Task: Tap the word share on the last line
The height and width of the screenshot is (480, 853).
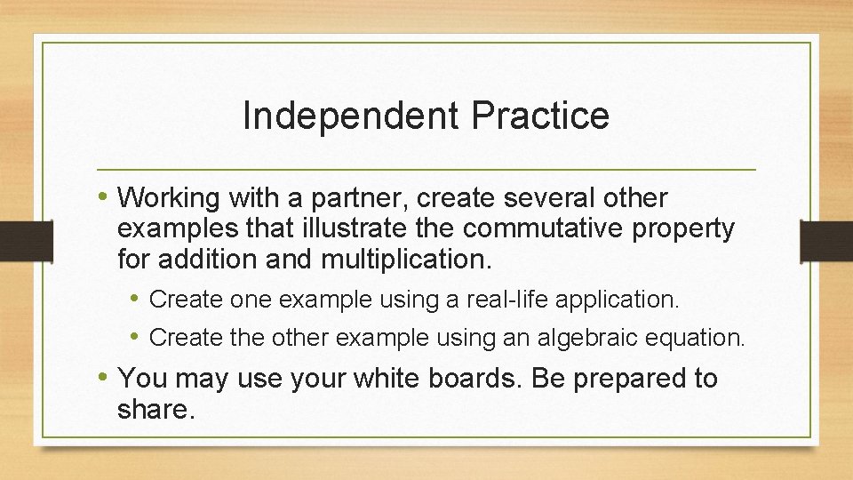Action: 153,410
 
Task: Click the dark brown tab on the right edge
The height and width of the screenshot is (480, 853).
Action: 826,241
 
